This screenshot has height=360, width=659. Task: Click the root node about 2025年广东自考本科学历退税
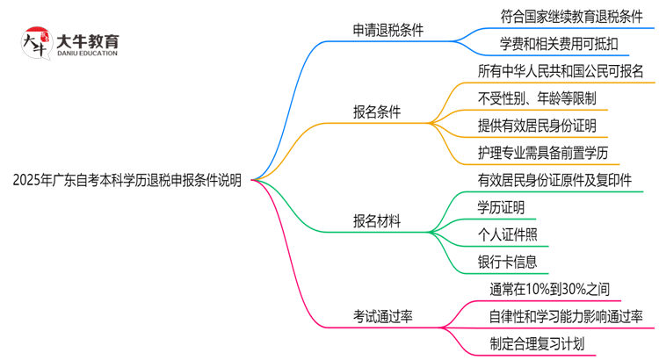[x=127, y=180]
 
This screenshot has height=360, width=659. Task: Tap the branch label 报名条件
[x=376, y=112]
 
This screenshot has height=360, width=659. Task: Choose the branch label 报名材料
[x=376, y=221]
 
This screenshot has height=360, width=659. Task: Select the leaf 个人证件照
[x=506, y=234]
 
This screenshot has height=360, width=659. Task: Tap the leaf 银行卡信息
[x=506, y=262]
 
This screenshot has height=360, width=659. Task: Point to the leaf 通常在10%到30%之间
[x=549, y=289]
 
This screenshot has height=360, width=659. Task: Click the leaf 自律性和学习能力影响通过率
[x=566, y=316]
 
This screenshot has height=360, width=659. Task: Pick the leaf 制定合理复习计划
[x=536, y=343]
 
